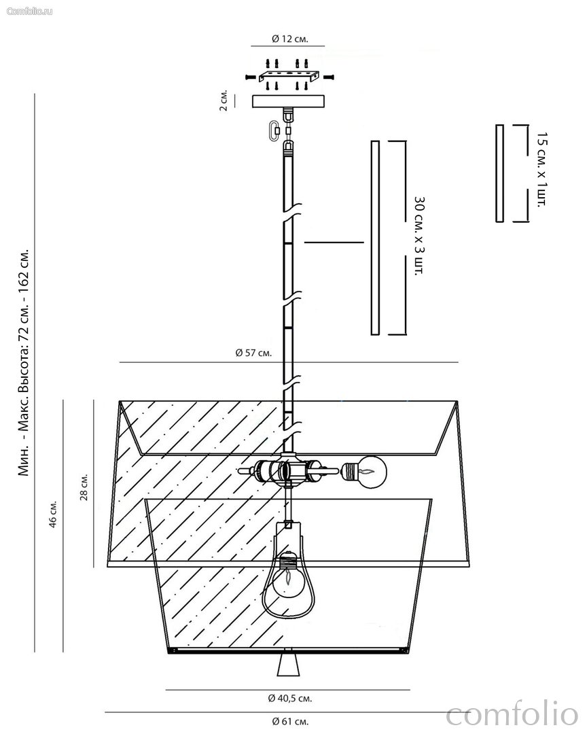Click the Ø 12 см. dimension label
(289, 39)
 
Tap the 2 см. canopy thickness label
(224, 101)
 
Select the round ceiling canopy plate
(288, 101)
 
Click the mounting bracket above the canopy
(289, 76)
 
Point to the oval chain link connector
(274, 130)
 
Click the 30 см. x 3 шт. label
(419, 235)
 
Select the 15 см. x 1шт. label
(541, 169)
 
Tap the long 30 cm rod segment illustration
(375, 238)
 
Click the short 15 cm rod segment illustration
(499, 173)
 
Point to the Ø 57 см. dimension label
(253, 353)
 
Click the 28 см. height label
(84, 487)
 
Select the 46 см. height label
(54, 514)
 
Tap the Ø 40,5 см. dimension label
(289, 699)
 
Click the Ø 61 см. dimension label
(290, 721)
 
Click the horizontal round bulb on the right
(364, 472)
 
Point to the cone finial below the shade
(288, 665)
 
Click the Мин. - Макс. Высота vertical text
(23, 362)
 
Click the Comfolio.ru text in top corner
(29, 11)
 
